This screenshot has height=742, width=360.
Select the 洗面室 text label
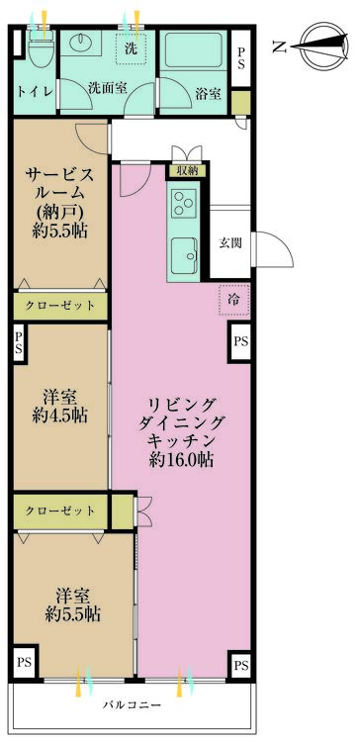pyautogui.click(x=106, y=86)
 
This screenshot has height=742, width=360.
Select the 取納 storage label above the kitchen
pyautogui.click(x=186, y=170)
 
